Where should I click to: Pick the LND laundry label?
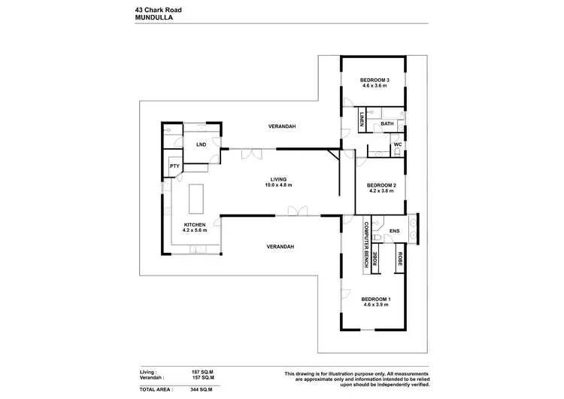click(x=201, y=144)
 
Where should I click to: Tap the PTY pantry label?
click(x=174, y=166)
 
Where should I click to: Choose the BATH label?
click(x=387, y=123)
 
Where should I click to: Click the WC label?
click(x=398, y=145)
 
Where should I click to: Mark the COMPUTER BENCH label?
click(x=367, y=245)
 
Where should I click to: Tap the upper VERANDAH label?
click(x=280, y=126)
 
